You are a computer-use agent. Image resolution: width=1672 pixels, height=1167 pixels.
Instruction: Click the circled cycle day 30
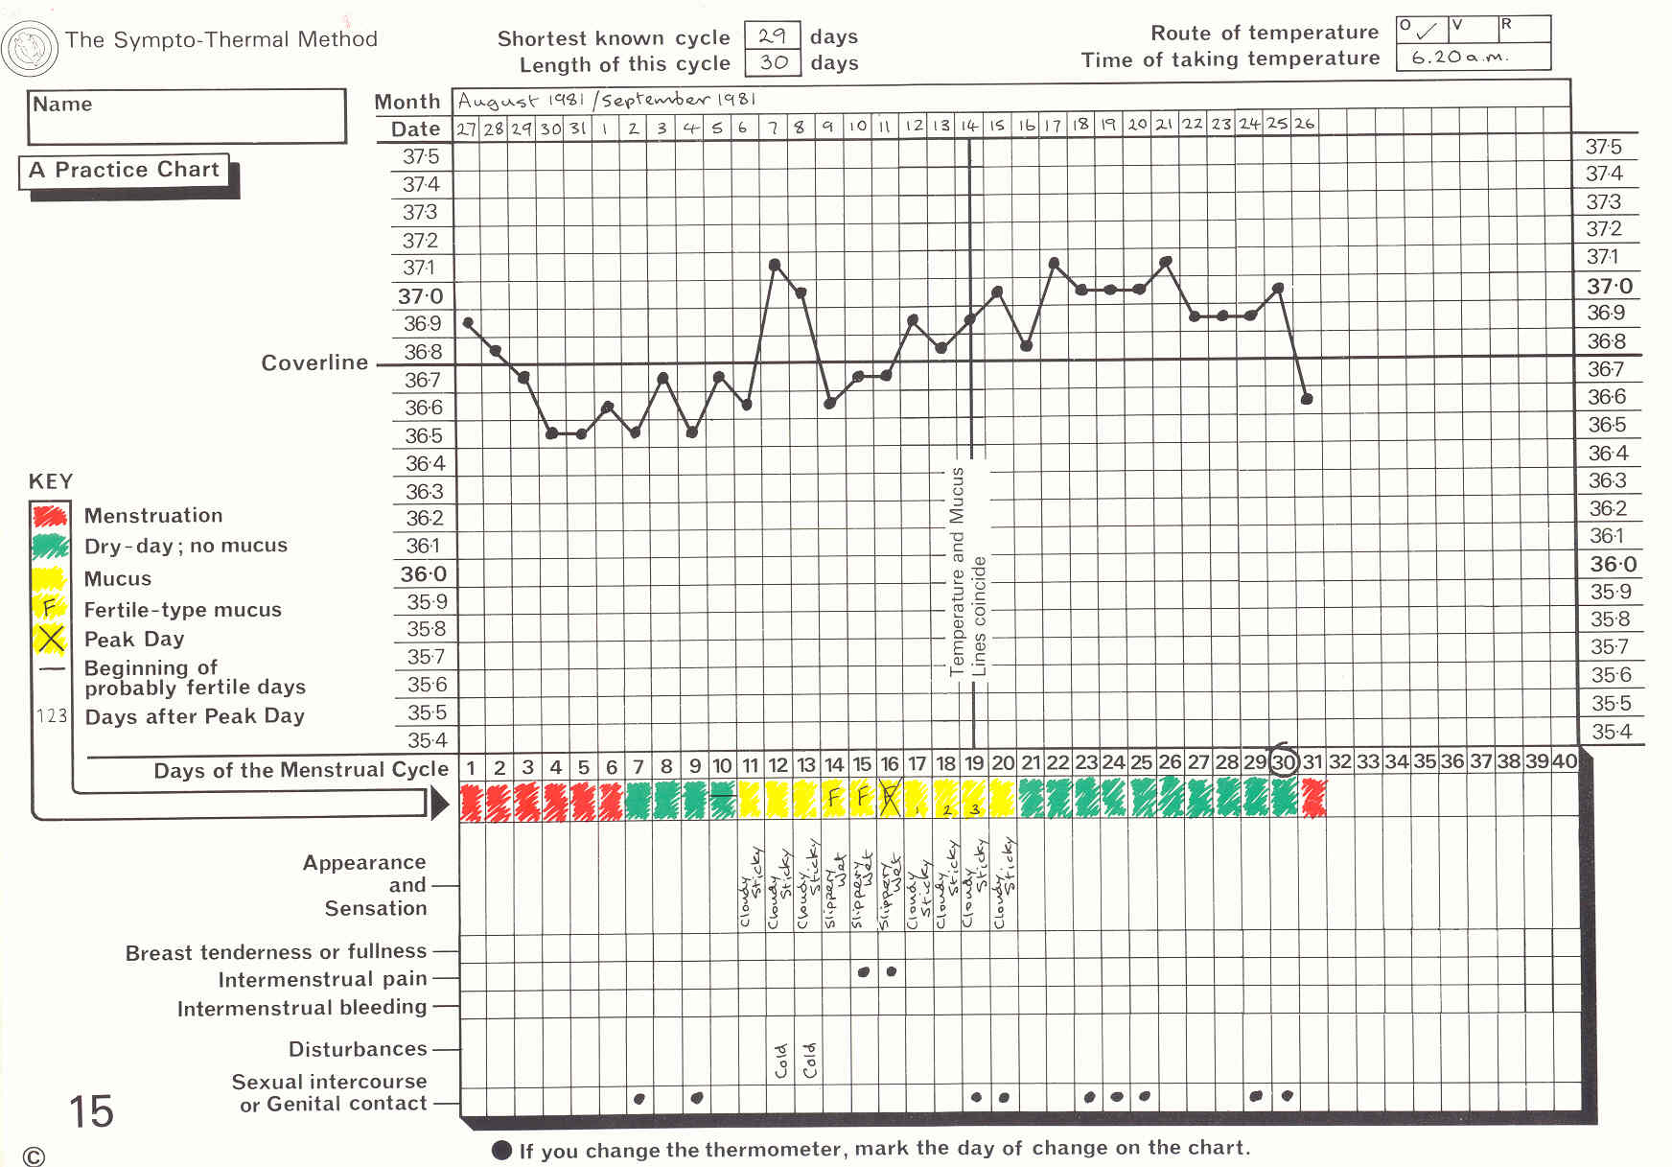pyautogui.click(x=1283, y=763)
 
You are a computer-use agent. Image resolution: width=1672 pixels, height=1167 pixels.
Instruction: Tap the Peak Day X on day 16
pyautogui.click(x=890, y=799)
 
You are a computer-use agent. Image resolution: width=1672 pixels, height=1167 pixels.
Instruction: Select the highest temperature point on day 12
pyautogui.click(x=775, y=265)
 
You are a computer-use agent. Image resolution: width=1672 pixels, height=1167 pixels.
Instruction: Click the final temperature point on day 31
pyautogui.click(x=1307, y=398)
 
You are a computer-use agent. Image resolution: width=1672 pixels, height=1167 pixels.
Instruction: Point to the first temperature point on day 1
pyautogui.click(x=468, y=323)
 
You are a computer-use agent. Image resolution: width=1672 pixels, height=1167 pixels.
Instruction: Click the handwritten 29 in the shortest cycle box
pyautogui.click(x=772, y=36)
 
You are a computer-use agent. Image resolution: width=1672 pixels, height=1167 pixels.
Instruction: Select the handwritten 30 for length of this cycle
pyautogui.click(x=773, y=63)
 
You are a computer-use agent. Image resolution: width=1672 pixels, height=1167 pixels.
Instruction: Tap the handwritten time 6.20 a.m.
pyautogui.click(x=1459, y=58)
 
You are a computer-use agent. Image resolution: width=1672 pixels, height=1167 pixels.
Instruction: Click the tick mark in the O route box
pyautogui.click(x=1427, y=31)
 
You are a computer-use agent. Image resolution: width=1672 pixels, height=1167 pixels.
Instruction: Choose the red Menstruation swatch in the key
pyautogui.click(x=50, y=516)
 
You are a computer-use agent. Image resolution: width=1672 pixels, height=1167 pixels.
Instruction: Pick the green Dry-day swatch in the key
pyautogui.click(x=50, y=547)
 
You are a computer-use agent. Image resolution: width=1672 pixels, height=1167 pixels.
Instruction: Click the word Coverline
pyautogui.click(x=314, y=362)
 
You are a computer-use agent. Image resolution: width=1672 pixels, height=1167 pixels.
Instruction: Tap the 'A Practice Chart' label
pyautogui.click(x=125, y=171)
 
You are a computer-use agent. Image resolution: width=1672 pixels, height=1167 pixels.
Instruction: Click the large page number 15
pyautogui.click(x=91, y=1111)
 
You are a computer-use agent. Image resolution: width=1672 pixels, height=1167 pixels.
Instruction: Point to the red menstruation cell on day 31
pyautogui.click(x=1312, y=799)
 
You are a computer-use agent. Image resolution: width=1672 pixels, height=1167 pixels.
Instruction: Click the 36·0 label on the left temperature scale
pyautogui.click(x=423, y=574)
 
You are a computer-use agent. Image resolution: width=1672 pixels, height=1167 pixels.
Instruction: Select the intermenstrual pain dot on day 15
pyautogui.click(x=863, y=971)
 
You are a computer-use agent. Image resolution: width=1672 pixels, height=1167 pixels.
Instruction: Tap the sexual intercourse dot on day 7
pyautogui.click(x=639, y=1098)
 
